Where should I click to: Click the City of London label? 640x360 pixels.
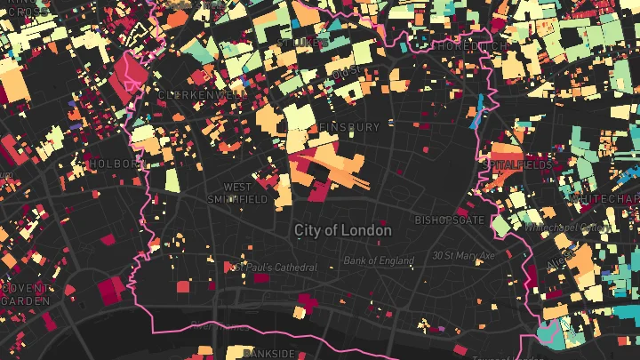(x=342, y=230)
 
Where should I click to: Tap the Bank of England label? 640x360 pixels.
(x=380, y=261)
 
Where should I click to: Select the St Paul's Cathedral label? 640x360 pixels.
(x=274, y=267)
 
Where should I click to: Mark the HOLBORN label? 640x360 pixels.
(x=113, y=164)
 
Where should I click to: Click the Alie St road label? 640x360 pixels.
(x=558, y=263)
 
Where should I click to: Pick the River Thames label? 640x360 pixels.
(x=213, y=325)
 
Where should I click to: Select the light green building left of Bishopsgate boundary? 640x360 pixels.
(x=500, y=226)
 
